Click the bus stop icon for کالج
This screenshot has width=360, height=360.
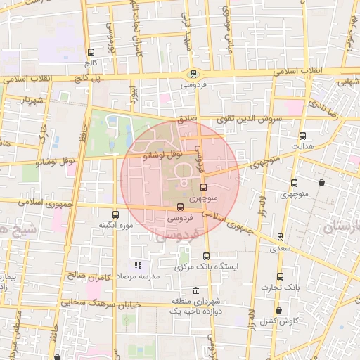(90, 52)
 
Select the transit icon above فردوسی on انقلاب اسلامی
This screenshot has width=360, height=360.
(193, 74)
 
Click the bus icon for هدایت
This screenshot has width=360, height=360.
(303, 136)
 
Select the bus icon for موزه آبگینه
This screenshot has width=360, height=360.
(115, 214)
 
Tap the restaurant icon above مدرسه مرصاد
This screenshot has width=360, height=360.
(138, 265)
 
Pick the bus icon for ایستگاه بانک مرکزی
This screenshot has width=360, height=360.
(206, 257)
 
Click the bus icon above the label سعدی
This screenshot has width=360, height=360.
(281, 237)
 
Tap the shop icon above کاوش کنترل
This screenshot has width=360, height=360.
(279, 310)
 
